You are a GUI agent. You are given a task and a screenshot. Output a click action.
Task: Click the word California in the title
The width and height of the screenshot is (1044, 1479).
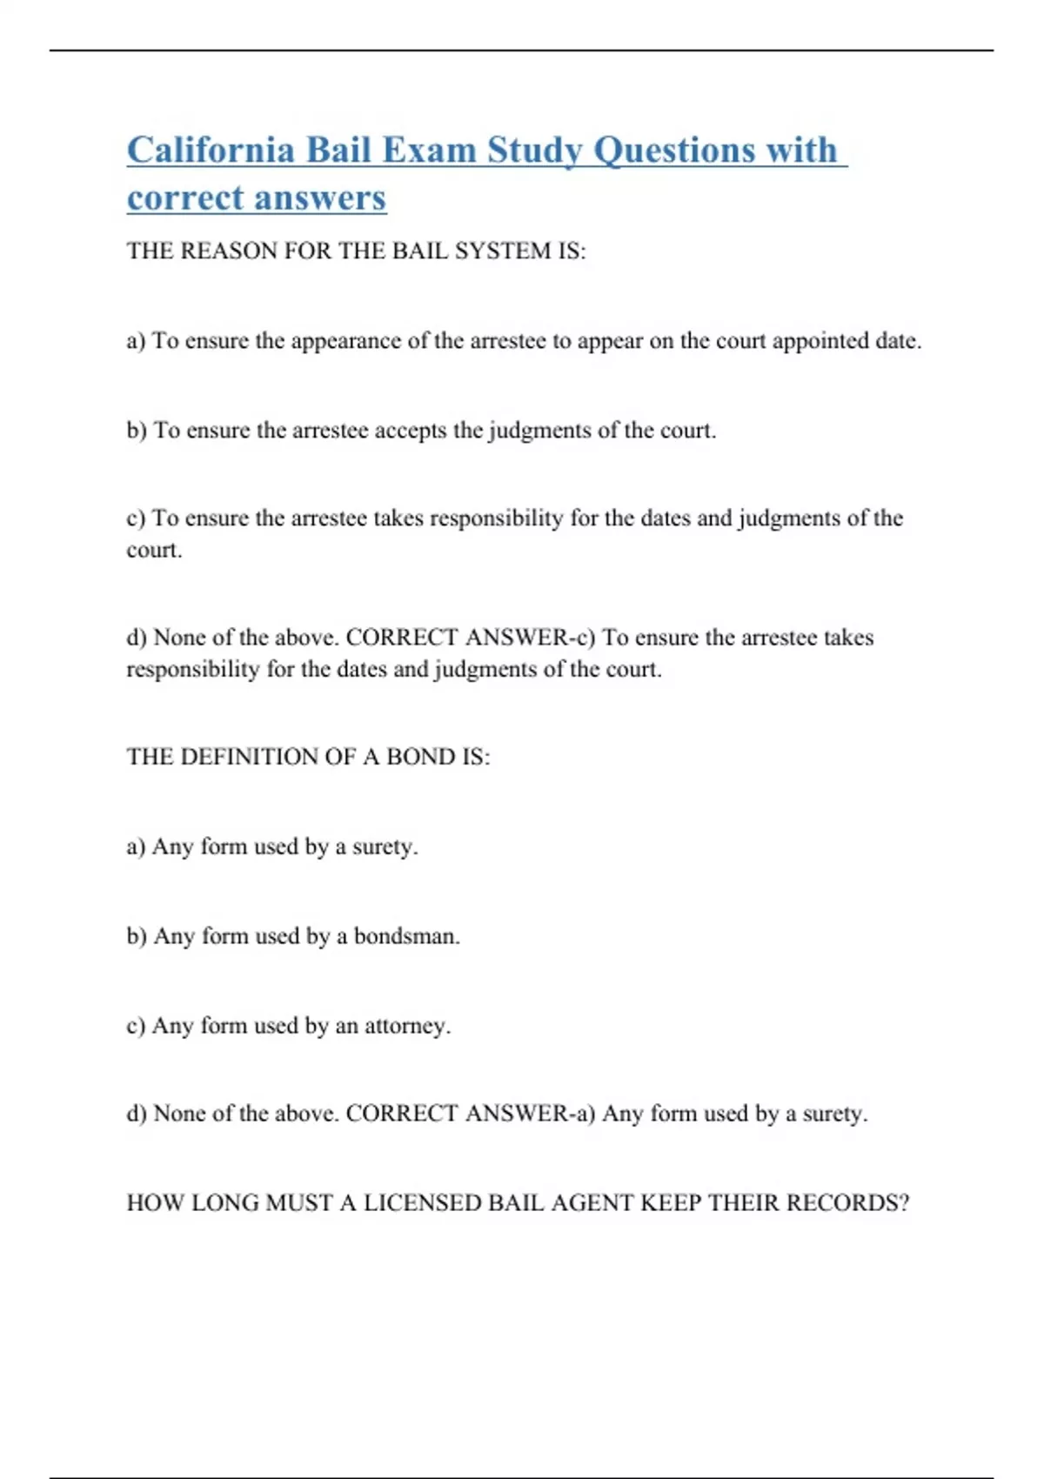[x=211, y=150]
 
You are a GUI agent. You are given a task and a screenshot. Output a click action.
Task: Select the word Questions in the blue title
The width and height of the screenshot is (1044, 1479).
[x=674, y=150]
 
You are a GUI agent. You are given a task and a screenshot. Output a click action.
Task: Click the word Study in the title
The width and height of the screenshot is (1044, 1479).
[x=534, y=150]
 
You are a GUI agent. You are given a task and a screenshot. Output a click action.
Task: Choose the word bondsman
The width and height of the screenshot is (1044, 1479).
[x=406, y=936]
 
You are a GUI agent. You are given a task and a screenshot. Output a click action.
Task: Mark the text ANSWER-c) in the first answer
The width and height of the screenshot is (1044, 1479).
[x=530, y=637]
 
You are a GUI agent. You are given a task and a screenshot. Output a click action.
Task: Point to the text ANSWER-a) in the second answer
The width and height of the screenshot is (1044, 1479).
[x=530, y=1113]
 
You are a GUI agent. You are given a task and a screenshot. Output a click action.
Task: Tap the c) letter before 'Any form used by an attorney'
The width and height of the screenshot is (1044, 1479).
[x=136, y=1026]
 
